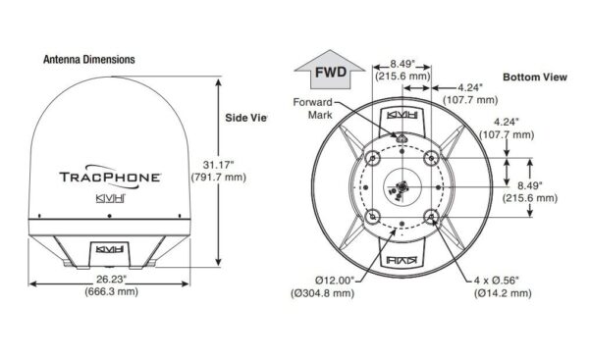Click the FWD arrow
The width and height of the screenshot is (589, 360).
[330, 71]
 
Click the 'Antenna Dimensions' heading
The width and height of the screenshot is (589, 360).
[89, 59]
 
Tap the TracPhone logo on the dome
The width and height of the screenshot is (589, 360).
[110, 177]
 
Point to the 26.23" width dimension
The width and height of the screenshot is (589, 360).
[111, 279]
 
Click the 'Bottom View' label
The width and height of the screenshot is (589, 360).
[535, 77]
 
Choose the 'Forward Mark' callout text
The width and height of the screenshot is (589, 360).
[313, 108]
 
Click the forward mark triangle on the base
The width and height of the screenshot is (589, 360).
[402, 138]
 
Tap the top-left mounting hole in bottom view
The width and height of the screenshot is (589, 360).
[372, 158]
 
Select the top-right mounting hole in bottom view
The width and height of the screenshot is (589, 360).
[431, 158]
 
